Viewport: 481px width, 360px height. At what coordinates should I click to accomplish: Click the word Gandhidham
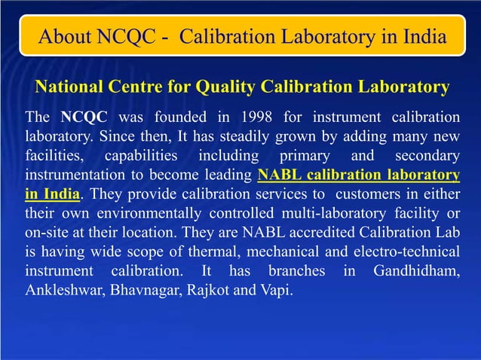[x=417, y=270]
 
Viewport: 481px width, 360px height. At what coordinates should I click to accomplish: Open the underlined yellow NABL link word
[x=280, y=175]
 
